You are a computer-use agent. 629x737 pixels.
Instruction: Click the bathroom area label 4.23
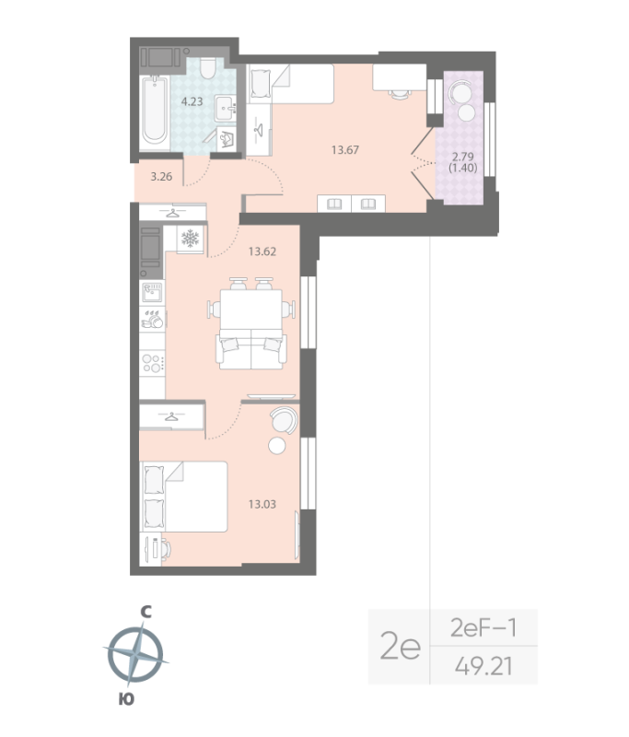192,101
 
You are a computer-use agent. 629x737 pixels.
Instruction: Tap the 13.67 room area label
344,149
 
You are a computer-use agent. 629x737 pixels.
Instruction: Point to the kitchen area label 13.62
262,250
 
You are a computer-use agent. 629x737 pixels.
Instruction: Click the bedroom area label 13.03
263,503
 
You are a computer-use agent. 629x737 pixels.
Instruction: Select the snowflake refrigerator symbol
191,240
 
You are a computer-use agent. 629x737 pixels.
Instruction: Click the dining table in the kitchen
250,308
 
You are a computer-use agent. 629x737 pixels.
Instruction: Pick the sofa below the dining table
250,350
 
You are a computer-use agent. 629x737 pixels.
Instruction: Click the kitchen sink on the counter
152,293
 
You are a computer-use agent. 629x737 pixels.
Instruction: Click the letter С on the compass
144,611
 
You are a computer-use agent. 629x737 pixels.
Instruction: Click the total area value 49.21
483,663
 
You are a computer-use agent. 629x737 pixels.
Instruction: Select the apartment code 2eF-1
483,628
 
